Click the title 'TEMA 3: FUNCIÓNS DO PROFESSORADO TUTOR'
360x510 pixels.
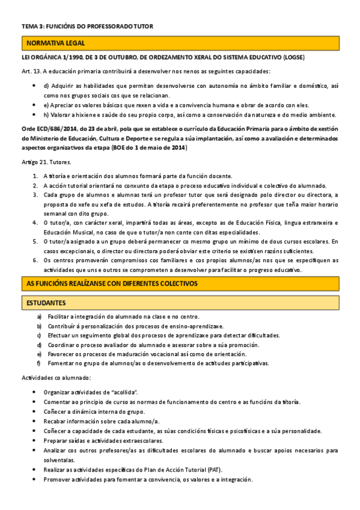(88, 26)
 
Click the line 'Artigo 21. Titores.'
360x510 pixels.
(46, 163)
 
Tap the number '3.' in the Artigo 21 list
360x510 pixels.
(36, 195)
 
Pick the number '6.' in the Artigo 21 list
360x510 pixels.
(36, 260)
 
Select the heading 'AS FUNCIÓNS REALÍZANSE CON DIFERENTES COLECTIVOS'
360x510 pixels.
(112, 283)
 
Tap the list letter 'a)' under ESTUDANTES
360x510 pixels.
(39, 316)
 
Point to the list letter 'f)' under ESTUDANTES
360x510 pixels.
(39, 363)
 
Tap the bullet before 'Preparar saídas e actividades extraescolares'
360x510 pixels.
(32, 441)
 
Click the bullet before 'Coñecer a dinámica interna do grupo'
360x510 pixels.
(32, 411)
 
